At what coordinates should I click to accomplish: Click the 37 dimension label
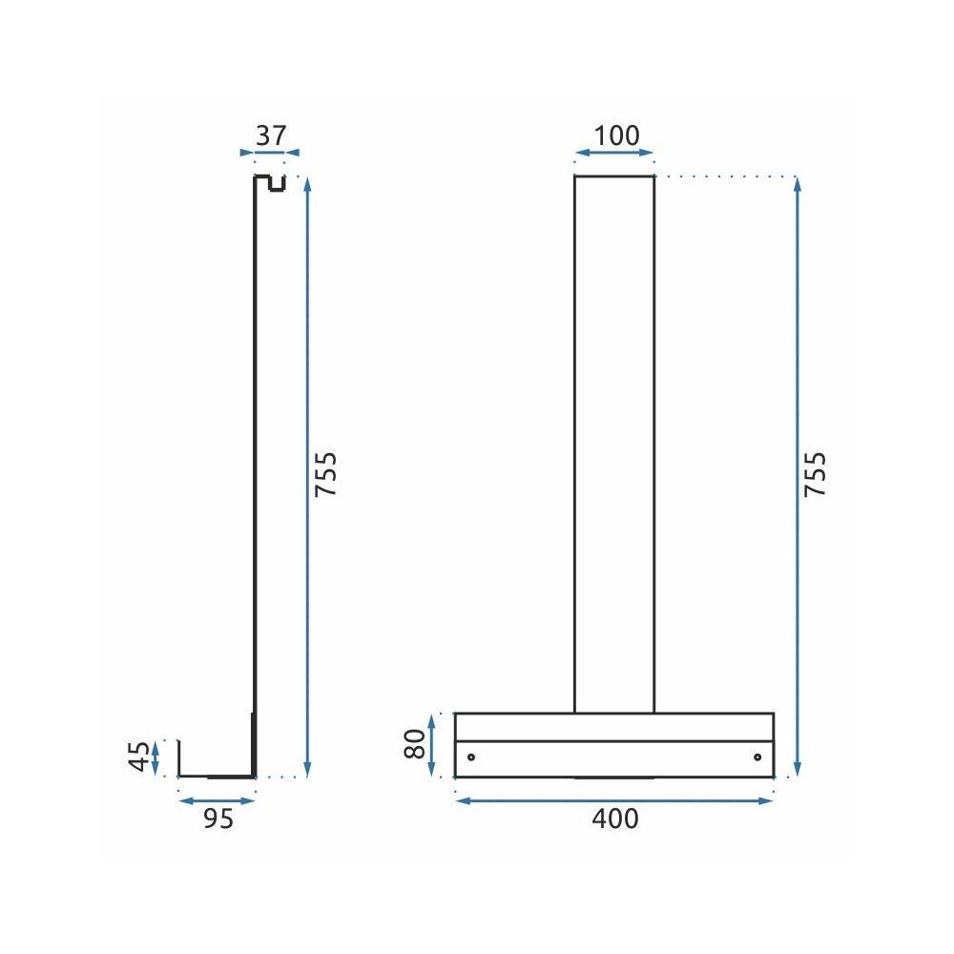[x=270, y=135]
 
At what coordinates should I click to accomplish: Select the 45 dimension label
[x=140, y=757]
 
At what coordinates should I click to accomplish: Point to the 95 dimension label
[x=218, y=819]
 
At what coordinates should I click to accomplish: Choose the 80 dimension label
[x=414, y=744]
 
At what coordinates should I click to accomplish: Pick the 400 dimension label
[x=615, y=819]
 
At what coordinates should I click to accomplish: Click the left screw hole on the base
[x=470, y=757]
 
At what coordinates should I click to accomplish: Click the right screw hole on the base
[x=757, y=757]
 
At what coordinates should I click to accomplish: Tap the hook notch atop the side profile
[x=277, y=183]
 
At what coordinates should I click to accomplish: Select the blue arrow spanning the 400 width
[x=613, y=799]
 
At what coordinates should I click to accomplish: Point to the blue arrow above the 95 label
[x=218, y=799]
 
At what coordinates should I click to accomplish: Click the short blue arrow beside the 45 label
[x=156, y=757]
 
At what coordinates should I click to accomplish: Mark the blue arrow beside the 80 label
[x=432, y=745]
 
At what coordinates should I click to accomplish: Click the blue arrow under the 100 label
[x=614, y=153]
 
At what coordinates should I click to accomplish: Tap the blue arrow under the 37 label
[x=270, y=152]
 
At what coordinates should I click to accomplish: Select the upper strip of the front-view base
[x=613, y=727]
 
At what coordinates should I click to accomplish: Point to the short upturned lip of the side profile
[x=179, y=758]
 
